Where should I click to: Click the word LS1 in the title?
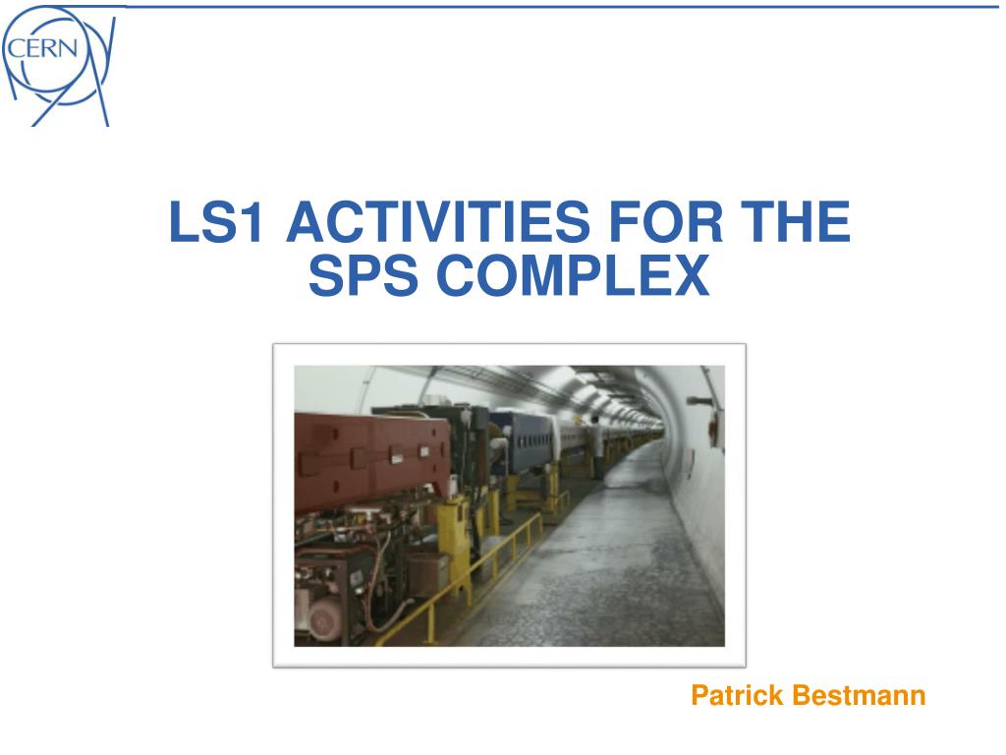[215, 221]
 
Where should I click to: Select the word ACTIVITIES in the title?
[437, 221]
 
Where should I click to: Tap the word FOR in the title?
[665, 221]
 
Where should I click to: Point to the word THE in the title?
[796, 221]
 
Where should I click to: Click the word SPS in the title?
[363, 275]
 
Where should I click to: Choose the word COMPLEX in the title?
[573, 275]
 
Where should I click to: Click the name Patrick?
[737, 695]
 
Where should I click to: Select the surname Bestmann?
[859, 695]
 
